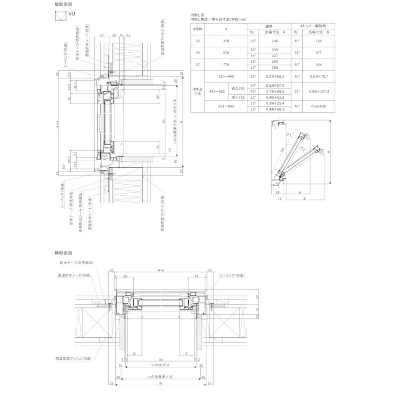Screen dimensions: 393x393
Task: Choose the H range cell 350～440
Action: point(225,76)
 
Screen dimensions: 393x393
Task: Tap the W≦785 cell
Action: point(238,88)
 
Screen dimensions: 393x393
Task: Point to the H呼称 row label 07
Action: point(197,64)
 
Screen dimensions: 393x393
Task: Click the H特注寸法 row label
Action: point(198,91)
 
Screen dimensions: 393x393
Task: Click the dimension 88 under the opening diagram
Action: point(278,192)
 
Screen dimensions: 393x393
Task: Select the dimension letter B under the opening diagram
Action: point(303,197)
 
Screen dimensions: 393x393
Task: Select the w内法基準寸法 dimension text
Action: point(160,376)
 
